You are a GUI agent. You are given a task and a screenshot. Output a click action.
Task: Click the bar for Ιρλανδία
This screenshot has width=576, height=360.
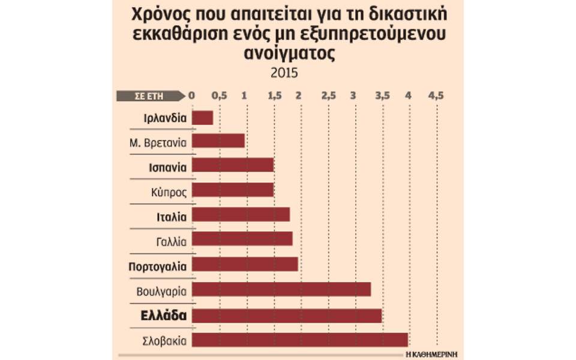click(202, 118)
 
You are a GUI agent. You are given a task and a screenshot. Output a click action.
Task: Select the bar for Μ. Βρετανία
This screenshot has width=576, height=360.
click(218, 141)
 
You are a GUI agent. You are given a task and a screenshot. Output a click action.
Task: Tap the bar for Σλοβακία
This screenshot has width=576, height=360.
click(299, 340)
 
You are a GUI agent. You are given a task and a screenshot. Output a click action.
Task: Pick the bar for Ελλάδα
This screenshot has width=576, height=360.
click(286, 316)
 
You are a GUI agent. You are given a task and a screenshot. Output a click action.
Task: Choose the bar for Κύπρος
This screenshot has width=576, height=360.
click(232, 190)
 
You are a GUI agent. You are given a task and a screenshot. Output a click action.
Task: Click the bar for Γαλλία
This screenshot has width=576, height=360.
click(242, 239)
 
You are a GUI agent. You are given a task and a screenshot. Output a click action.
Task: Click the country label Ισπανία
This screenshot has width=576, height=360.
click(167, 167)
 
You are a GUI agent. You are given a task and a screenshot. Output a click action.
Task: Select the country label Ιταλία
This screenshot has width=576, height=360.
click(170, 216)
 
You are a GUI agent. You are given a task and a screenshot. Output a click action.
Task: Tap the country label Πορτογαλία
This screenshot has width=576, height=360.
click(161, 265)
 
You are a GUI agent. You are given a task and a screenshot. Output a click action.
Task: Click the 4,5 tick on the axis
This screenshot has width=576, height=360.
click(436, 95)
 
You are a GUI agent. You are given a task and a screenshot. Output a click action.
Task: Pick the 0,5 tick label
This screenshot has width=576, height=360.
click(219, 95)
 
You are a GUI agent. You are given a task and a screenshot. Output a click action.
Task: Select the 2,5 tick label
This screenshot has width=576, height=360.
click(328, 95)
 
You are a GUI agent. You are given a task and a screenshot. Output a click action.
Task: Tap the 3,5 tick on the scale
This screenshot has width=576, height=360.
click(382, 95)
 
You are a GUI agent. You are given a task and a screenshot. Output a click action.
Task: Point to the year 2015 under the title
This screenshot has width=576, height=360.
click(284, 73)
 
